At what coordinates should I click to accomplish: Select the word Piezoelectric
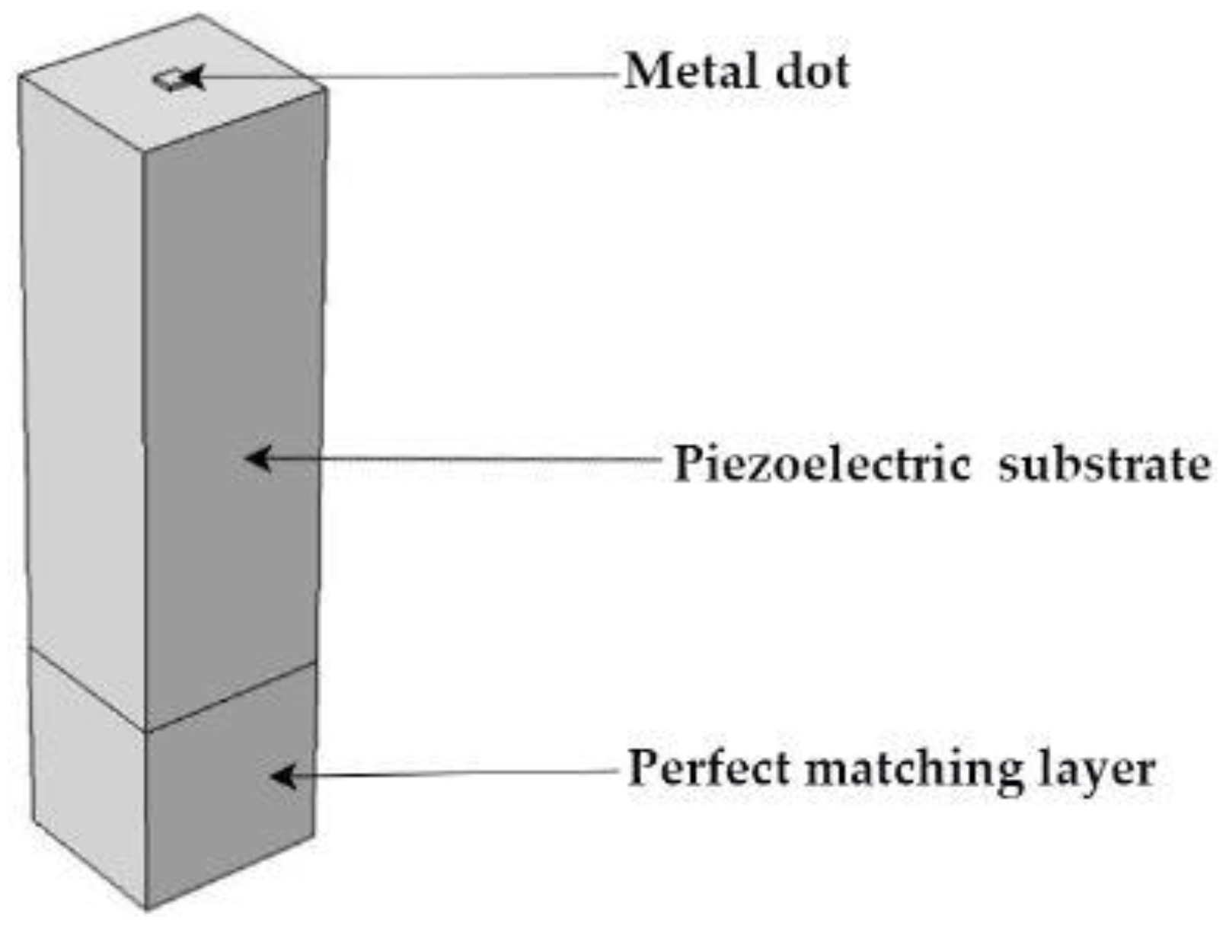(822, 464)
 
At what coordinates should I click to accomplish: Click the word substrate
(1104, 464)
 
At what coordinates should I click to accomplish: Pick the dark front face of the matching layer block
(228, 815)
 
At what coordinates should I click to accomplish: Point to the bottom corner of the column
(146, 908)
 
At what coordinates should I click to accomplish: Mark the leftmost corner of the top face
(19, 76)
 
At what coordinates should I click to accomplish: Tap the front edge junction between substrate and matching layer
(145, 731)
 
